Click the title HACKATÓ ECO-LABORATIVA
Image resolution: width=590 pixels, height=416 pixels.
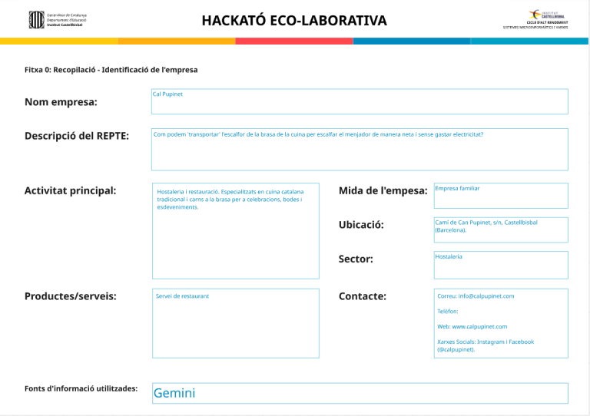click(294, 21)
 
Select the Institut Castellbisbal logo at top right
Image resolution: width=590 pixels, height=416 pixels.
click(546, 19)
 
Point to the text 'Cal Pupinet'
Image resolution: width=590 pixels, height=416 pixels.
click(167, 94)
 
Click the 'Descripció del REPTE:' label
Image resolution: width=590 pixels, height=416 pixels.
click(77, 136)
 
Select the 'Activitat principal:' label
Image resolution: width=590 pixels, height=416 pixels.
click(71, 190)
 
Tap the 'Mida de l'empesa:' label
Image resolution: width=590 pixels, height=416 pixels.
click(383, 190)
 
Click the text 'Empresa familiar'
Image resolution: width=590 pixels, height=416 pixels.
click(457, 188)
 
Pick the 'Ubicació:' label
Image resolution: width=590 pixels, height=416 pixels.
click(361, 225)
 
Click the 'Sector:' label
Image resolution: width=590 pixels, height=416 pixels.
click(356, 259)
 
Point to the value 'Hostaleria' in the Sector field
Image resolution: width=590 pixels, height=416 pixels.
click(449, 256)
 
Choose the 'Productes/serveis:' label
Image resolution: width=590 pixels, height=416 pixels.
click(71, 296)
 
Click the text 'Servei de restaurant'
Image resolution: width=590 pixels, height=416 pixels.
click(182, 295)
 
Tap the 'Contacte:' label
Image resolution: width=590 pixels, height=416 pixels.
click(363, 296)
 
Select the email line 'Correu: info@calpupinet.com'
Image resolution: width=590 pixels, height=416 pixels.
click(476, 295)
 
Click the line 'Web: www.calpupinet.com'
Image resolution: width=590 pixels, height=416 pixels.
click(472, 326)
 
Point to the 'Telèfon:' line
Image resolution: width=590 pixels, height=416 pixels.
click(448, 311)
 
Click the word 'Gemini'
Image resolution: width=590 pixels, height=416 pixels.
click(174, 393)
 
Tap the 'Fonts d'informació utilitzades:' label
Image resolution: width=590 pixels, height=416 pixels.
click(81, 388)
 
